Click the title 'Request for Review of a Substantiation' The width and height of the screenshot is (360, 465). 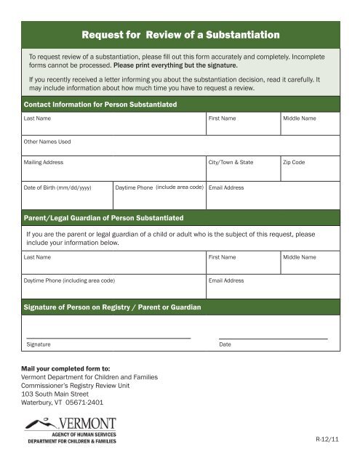pyautogui.click(x=180, y=34)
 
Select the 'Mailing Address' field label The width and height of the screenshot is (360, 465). pyautogui.click(x=44, y=162)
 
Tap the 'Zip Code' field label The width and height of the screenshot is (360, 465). pyautogui.click(x=294, y=162)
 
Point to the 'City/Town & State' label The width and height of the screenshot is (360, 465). pyautogui.click(x=231, y=162)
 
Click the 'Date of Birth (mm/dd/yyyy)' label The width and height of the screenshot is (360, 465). pyautogui.click(x=57, y=187)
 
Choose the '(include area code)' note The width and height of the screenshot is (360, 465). pyautogui.click(x=179, y=187)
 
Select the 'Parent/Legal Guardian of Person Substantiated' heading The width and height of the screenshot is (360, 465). pyautogui.click(x=103, y=218)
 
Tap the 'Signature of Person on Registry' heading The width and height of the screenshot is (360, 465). pyautogui.click(x=113, y=308)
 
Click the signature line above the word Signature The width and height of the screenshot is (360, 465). pyautogui.click(x=108, y=338)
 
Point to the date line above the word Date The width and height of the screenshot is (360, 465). pyautogui.click(x=273, y=338)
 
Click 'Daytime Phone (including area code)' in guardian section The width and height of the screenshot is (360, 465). pyautogui.click(x=69, y=280)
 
